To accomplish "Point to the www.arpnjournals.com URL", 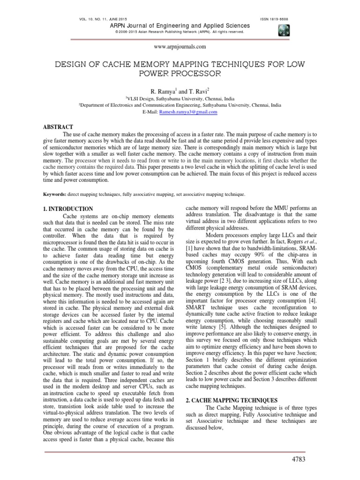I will coord(180,47).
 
